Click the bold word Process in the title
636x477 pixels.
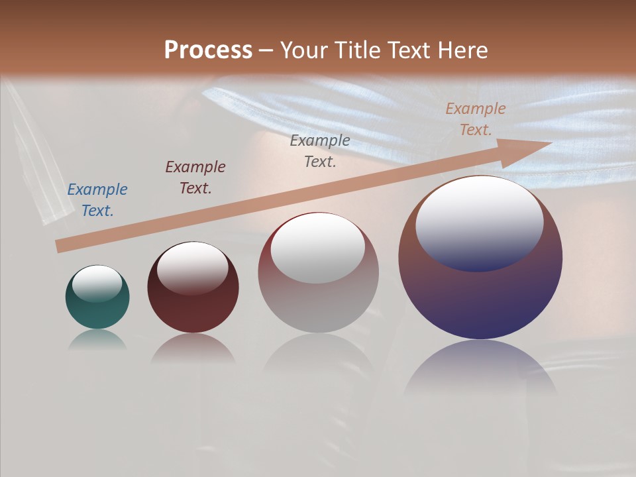[208, 50]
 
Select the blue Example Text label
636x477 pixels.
[97, 200]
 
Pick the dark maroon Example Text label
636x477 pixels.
[195, 178]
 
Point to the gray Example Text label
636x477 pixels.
[320, 151]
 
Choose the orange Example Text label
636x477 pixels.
[476, 119]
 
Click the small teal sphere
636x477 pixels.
[97, 306]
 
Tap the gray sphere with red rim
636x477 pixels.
[318, 301]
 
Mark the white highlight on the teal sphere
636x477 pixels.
[97, 283]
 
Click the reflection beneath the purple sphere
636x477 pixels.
[480, 368]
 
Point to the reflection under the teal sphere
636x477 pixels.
[97, 340]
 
